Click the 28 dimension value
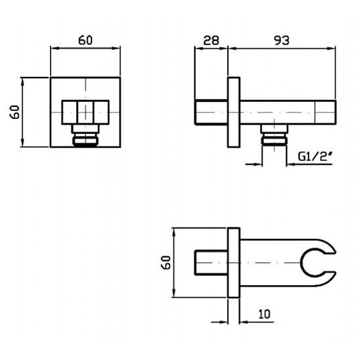click(212, 41)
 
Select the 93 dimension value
click(282, 41)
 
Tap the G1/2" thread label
click(315, 156)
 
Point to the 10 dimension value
click(265, 314)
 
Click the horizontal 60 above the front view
click(85, 41)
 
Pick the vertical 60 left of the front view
click(14, 112)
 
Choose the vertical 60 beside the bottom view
click(166, 262)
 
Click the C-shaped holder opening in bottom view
click(318, 263)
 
